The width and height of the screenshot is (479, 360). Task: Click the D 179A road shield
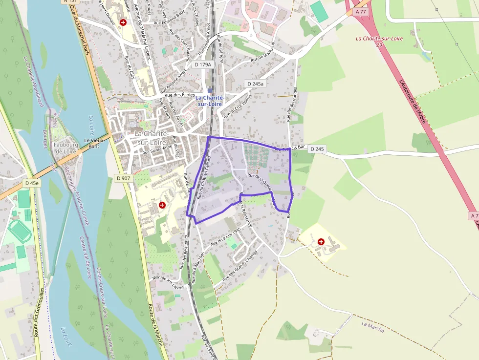pos(202,64)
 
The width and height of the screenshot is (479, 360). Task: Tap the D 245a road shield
pos(256,84)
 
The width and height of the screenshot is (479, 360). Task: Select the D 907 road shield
pos(123,178)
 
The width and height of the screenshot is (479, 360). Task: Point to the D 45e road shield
pos(32,183)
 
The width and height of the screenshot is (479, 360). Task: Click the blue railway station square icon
pos(210,90)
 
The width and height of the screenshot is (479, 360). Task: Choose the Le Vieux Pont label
pos(95,143)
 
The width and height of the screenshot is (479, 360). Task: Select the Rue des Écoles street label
pos(180,95)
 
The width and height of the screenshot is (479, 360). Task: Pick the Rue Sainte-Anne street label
pos(157,149)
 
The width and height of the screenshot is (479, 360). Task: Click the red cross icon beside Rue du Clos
pos(123,22)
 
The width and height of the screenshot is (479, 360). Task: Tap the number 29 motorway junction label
pos(379,44)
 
